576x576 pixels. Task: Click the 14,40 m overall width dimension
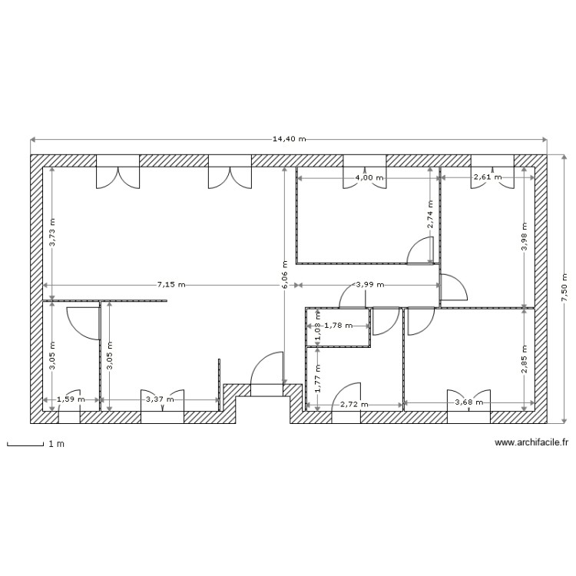point(289,140)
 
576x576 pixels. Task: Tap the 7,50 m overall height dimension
point(563,288)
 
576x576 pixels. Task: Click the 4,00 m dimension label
point(365,177)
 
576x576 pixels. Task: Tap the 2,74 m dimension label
point(431,215)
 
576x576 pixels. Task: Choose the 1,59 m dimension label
point(71,399)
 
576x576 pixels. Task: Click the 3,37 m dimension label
point(161,399)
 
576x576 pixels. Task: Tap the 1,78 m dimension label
point(338,326)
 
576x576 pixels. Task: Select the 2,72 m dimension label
point(354,404)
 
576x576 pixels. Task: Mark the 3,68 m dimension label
point(468,402)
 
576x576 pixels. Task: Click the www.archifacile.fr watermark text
point(531,442)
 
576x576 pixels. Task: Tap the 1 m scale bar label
point(55,445)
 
